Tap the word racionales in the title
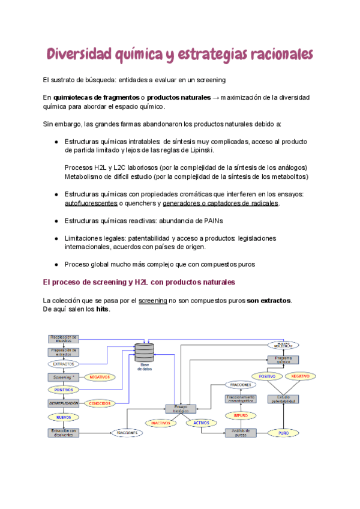click(x=278, y=55)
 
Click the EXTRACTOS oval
click(x=64, y=364)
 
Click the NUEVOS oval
click(x=64, y=417)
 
